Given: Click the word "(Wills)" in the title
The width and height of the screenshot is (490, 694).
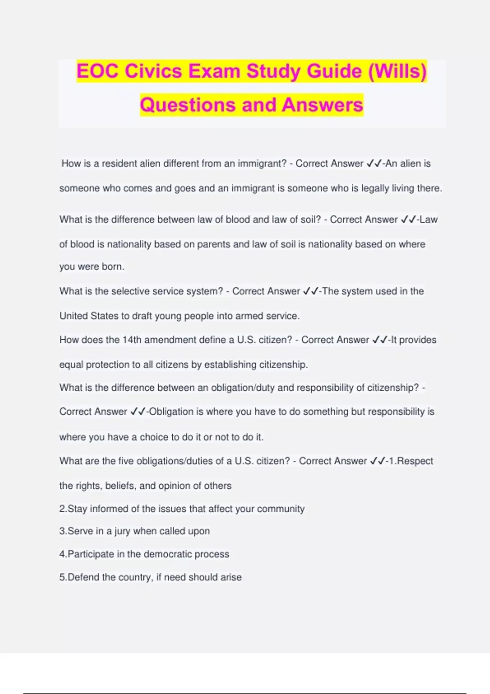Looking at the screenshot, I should pyautogui.click(x=397, y=71).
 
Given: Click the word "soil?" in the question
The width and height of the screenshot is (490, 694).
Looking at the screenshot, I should pyautogui.click(x=310, y=220).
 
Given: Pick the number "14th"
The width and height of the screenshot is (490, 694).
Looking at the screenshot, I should pyautogui.click(x=132, y=340).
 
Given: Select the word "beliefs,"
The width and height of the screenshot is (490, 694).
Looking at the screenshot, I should pyautogui.click(x=120, y=486).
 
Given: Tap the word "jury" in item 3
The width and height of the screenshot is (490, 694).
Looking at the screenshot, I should pyautogui.click(x=122, y=531).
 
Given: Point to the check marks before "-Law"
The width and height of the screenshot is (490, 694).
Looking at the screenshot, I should pyautogui.click(x=408, y=220).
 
